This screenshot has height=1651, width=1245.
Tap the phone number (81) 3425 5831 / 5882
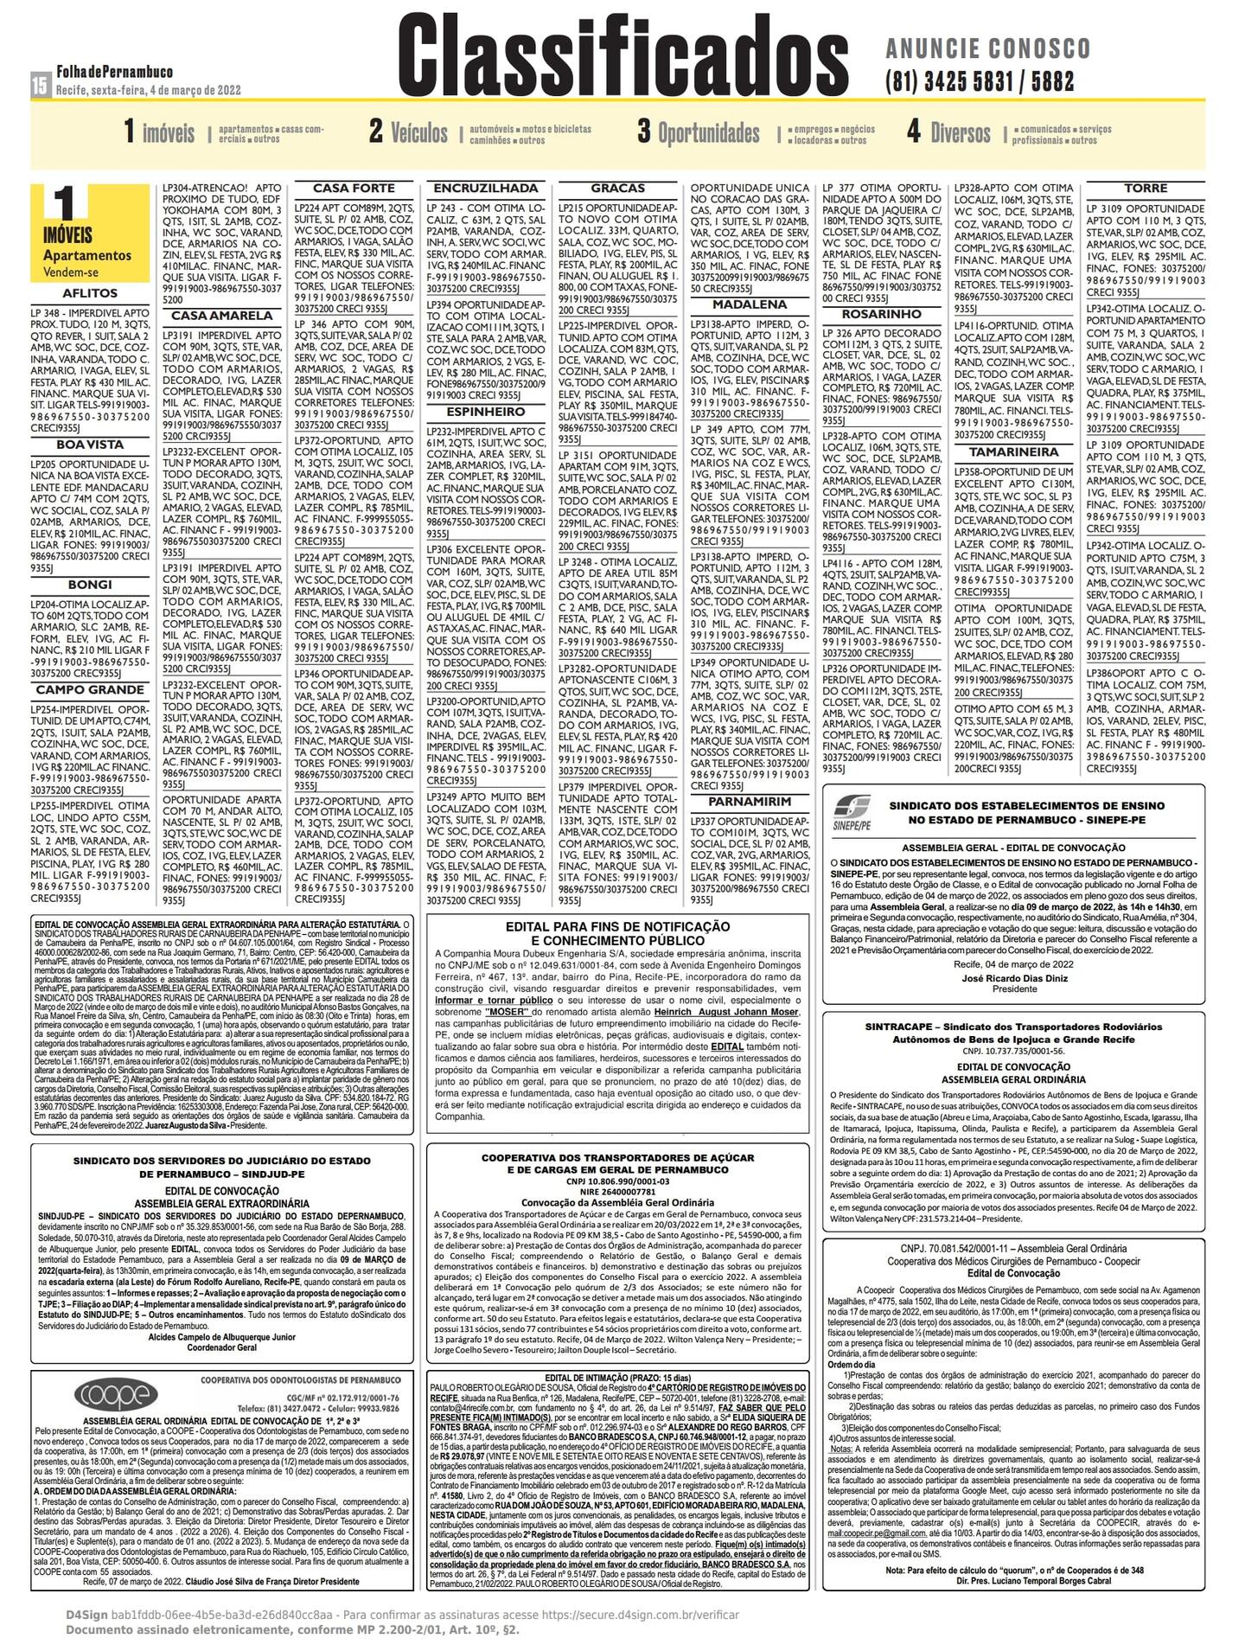(980, 81)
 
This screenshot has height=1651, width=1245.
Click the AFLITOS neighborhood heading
(90, 294)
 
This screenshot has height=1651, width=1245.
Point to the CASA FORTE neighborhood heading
(353, 189)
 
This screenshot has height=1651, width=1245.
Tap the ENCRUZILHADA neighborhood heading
(486, 189)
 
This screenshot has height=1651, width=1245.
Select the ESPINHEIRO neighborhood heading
(486, 413)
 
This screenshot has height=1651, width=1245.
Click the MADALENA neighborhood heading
(749, 305)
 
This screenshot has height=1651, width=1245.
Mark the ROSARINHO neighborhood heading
(881, 315)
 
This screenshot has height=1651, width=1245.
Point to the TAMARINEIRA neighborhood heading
(1013, 452)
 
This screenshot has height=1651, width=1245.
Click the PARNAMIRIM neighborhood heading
(749, 802)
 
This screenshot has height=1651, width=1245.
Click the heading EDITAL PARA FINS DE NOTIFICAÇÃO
(617, 926)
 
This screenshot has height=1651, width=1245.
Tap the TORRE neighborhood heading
(1146, 189)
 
